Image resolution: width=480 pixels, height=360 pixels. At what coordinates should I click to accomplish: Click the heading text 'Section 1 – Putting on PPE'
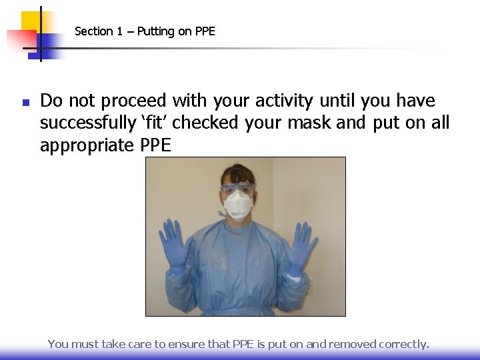[145, 31]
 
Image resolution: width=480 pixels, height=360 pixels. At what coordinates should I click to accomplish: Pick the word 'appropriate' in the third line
[87, 145]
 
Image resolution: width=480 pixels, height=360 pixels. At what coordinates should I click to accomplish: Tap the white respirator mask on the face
[238, 205]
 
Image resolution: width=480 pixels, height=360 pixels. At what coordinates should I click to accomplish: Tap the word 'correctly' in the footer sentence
[403, 344]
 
